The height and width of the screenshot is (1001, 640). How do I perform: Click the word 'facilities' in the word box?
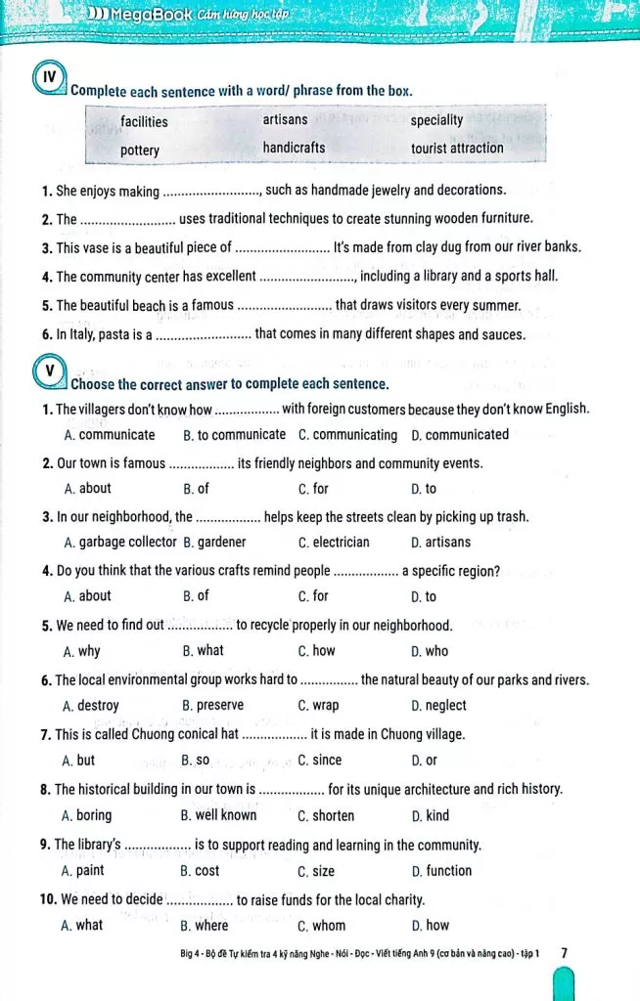(144, 122)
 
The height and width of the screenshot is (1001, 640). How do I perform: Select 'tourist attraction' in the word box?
(457, 149)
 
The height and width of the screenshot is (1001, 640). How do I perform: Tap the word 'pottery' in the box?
(140, 151)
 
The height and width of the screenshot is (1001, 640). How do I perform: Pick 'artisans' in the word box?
(285, 119)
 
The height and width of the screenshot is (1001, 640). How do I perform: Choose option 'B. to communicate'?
(234, 435)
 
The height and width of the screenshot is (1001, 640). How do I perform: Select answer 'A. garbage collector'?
(119, 542)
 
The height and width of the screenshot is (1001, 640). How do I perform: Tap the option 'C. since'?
(319, 760)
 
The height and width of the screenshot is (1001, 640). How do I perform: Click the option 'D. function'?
(441, 870)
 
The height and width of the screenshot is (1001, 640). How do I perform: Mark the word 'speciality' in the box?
(436, 120)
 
